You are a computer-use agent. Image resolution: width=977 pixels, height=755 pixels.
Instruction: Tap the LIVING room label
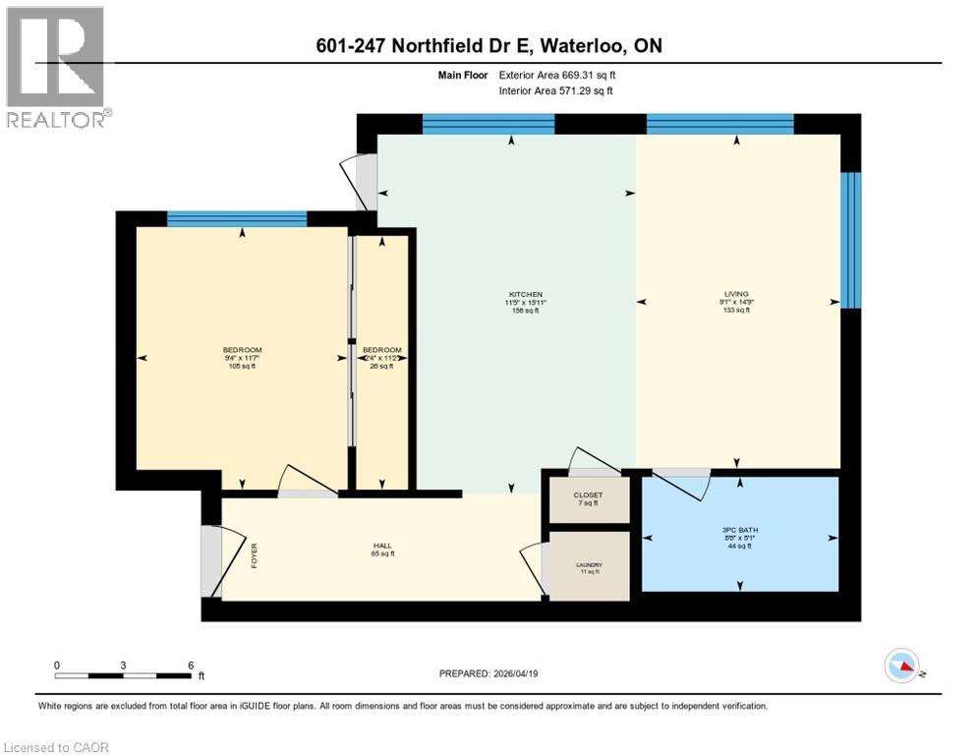pos(736,294)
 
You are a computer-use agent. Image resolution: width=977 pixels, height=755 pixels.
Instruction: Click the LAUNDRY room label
pos(588,565)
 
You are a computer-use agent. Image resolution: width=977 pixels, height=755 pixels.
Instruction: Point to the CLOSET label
pos(588,494)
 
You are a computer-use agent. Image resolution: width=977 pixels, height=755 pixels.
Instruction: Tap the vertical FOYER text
pos(254,556)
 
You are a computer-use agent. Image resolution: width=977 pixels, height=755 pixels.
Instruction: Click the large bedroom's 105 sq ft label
pos(242,367)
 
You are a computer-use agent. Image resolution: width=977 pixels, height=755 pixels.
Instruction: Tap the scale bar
pos(123,675)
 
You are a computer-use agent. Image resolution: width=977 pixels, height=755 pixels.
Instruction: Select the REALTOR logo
pos(57,67)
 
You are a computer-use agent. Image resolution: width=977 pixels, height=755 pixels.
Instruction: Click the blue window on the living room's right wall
pos(851,240)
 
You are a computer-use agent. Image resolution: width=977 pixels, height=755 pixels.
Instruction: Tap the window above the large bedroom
pos(237,219)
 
